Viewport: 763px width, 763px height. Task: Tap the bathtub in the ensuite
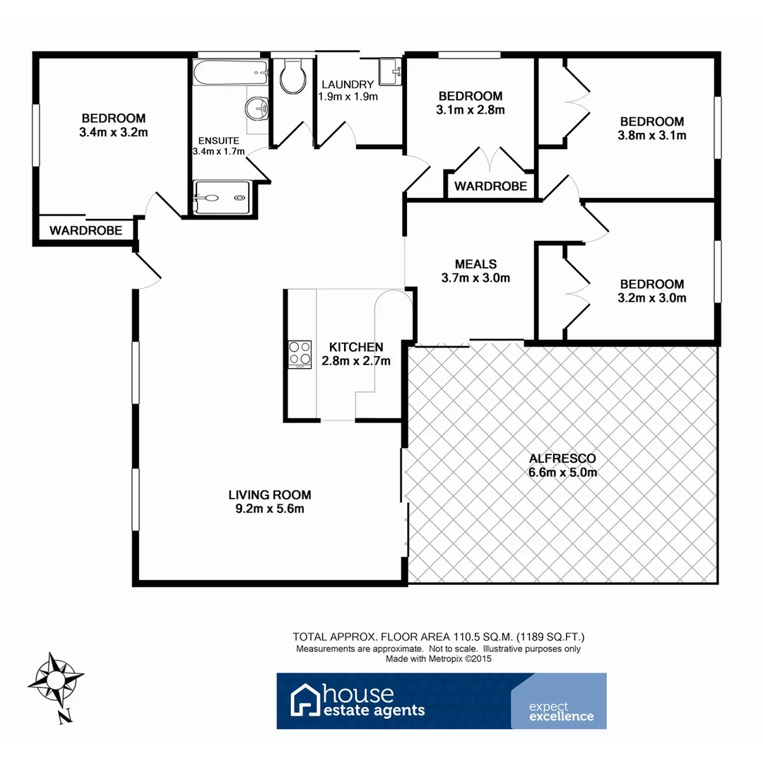tap(230, 73)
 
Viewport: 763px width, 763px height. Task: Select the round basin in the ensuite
tap(256, 110)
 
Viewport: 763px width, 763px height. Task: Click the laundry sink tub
tap(389, 71)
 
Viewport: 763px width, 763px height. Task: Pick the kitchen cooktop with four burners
tap(299, 354)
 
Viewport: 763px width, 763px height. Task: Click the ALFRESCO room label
tap(563, 459)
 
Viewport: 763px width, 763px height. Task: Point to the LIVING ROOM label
tap(269, 495)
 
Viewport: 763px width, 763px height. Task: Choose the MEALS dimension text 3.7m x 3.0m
tap(475, 278)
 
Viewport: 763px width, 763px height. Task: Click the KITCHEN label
tap(356, 347)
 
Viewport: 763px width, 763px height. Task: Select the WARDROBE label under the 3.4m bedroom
tap(85, 230)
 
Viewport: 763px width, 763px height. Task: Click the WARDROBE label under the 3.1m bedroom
tap(490, 187)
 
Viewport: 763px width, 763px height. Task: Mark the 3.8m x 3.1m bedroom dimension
tap(652, 136)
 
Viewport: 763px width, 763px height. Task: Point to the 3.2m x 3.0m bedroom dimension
tap(652, 298)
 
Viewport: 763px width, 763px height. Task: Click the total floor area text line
tap(438, 637)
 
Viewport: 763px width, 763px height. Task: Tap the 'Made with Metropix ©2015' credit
tap(438, 658)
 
